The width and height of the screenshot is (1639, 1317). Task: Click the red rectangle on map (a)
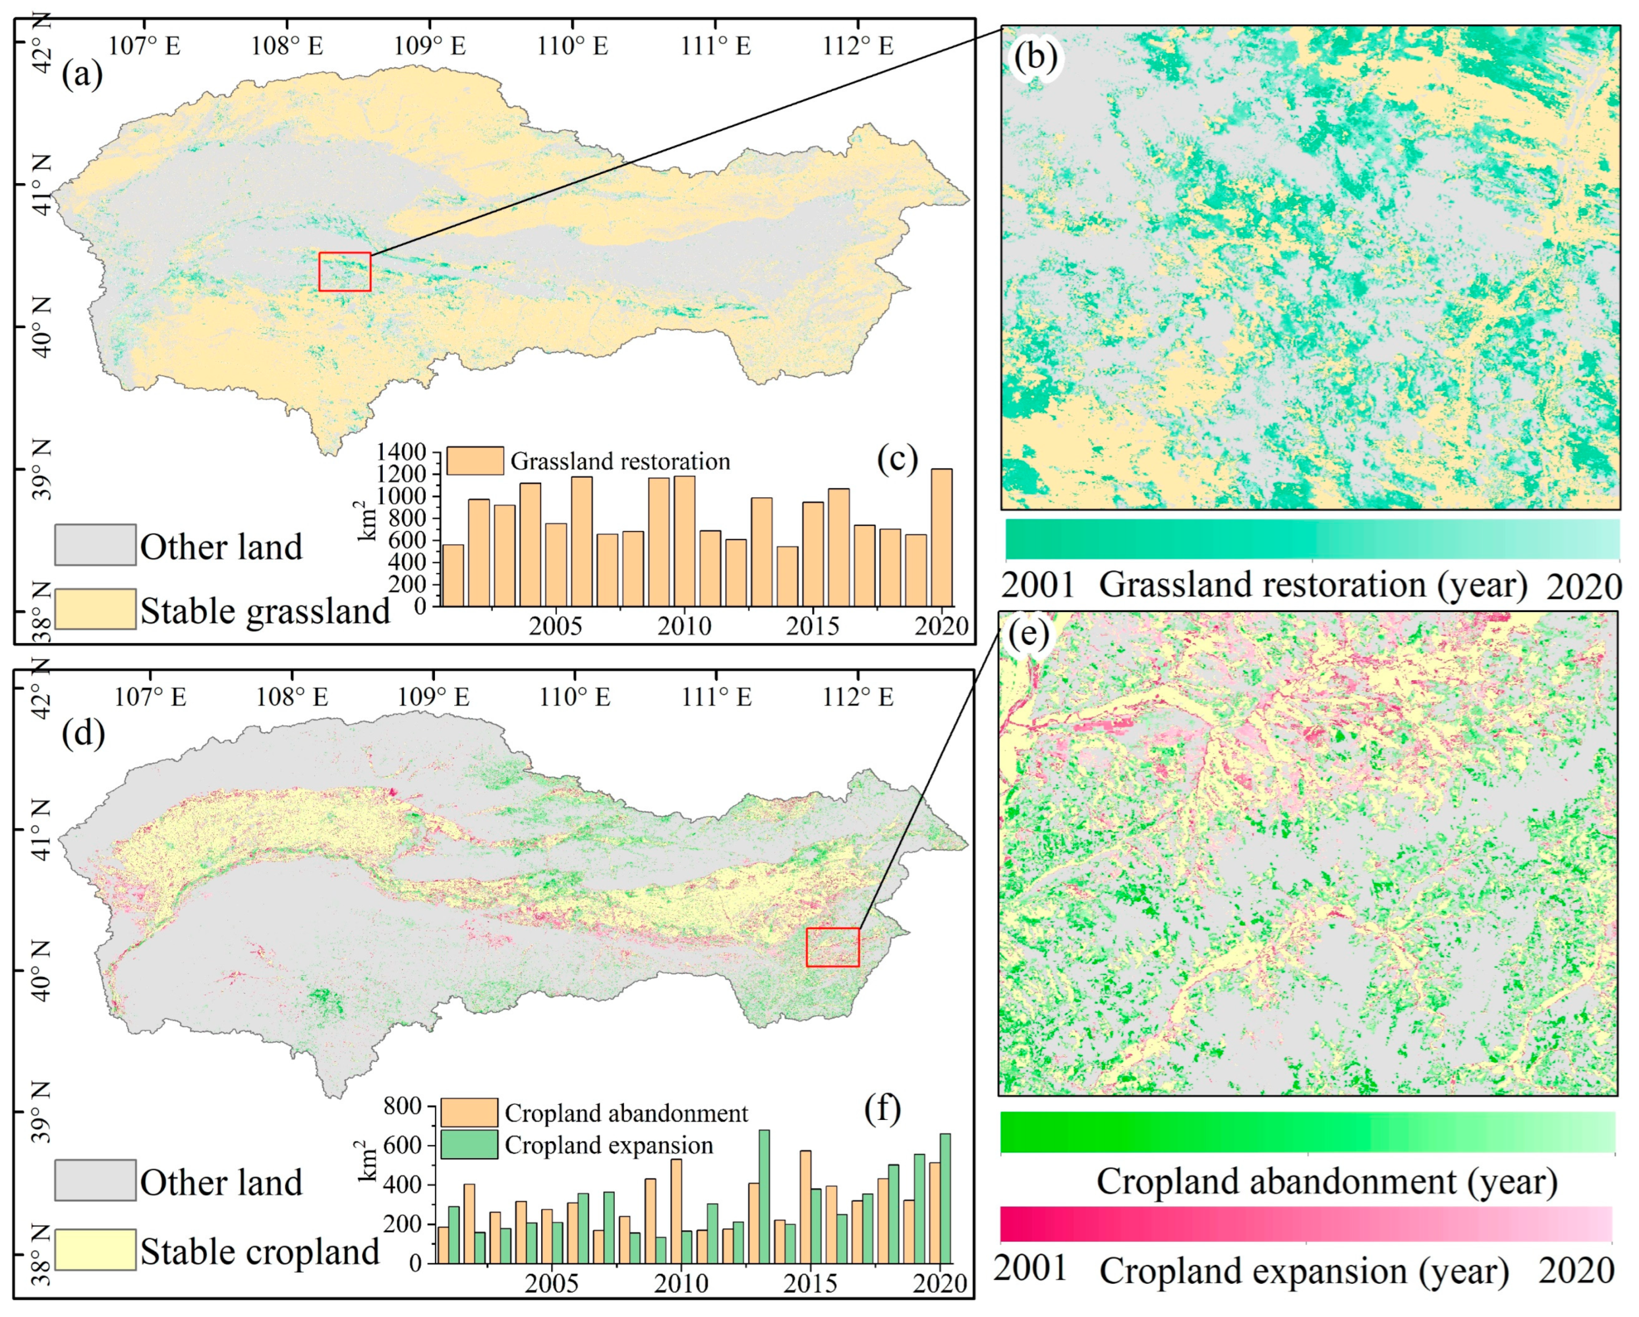[x=344, y=272]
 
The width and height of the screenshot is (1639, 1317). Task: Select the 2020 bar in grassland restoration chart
[x=941, y=537]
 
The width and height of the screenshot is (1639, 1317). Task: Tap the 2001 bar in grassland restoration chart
[x=453, y=575]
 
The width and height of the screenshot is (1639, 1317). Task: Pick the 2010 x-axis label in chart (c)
[x=684, y=627]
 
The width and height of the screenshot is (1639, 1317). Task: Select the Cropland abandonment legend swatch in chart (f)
[x=469, y=1112]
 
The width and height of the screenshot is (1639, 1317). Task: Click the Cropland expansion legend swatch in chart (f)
[x=469, y=1145]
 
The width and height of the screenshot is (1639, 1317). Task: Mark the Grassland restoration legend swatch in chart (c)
[x=475, y=461]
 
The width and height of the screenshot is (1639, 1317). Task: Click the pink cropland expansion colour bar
[x=1305, y=1224]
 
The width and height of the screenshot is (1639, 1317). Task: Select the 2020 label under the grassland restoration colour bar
[x=1584, y=586]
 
